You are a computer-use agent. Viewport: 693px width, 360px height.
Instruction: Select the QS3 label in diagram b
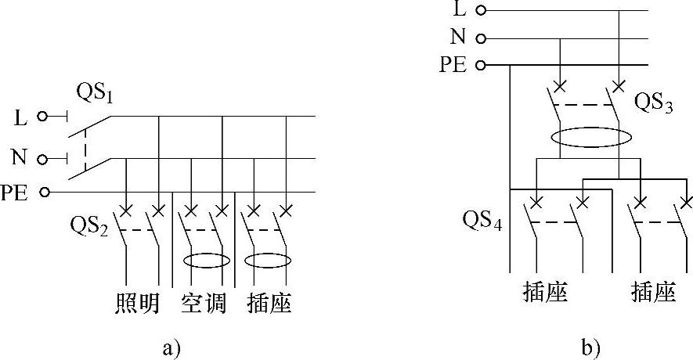click(653, 103)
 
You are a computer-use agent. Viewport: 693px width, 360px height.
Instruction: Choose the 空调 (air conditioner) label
click(204, 304)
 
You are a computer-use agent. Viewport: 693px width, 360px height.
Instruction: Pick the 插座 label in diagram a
click(269, 304)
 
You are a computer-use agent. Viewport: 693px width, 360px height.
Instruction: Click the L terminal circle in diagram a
click(43, 117)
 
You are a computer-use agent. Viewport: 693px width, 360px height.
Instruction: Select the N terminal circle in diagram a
click(43, 159)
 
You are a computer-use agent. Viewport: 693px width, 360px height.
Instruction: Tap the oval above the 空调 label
click(207, 261)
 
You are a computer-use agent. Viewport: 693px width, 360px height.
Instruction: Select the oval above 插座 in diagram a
click(269, 261)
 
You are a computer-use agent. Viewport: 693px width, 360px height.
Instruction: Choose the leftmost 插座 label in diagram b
click(544, 293)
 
